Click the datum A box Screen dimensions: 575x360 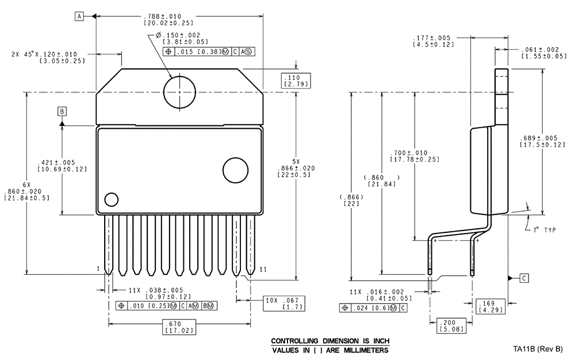pos(79,16)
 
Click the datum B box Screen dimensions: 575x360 pos(62,112)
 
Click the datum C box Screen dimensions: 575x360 pos(524,278)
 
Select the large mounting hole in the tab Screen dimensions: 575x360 pos(179,91)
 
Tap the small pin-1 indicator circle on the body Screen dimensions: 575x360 pos(112,200)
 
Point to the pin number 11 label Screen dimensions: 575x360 pos(263,270)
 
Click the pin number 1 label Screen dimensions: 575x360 pos(98,269)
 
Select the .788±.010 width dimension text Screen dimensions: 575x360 pos(162,17)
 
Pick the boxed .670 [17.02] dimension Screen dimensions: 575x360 pos(179,327)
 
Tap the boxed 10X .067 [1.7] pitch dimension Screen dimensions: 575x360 pos(285,304)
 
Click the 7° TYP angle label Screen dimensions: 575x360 pos(545,230)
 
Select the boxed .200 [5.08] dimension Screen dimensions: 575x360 pos(451,326)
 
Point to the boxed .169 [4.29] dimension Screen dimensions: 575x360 pos(490,307)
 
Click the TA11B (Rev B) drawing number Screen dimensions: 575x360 pos(538,349)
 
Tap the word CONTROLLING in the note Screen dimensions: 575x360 pos(294,341)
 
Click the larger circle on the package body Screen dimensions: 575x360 pos(235,170)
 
